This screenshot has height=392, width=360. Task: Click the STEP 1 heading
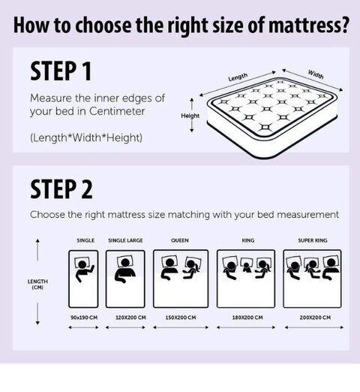[x=61, y=71]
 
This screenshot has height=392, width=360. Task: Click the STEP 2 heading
[x=61, y=189]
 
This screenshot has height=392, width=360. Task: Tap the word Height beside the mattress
[x=190, y=116]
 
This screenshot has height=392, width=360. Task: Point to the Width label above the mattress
[x=316, y=74]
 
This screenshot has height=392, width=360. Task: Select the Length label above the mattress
[x=238, y=77]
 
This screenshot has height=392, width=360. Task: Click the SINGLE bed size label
[x=85, y=240]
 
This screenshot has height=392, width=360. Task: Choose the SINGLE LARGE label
[x=125, y=240]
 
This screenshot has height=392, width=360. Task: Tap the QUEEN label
[x=180, y=240]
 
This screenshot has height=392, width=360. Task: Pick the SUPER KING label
[x=313, y=240]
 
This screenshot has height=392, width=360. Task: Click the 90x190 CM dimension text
[x=84, y=318]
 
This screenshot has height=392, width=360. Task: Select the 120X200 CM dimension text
[x=130, y=318]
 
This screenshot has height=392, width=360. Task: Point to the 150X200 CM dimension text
[x=181, y=318]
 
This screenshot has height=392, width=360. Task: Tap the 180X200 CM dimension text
[x=247, y=318]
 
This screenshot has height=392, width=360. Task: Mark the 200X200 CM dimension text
[x=315, y=318]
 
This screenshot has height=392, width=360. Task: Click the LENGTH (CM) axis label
[x=37, y=285]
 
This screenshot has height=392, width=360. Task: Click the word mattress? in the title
[x=308, y=25]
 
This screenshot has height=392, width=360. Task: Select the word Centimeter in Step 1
[x=117, y=111]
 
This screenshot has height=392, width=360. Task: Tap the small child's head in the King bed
[x=246, y=264]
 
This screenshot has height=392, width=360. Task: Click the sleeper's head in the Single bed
[x=82, y=264]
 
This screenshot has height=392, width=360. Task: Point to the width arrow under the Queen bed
[x=181, y=327]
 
